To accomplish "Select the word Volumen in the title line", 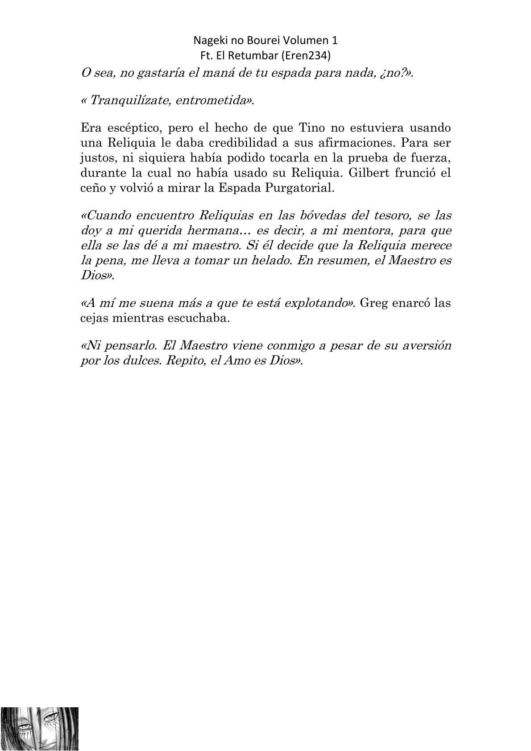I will coord(309,41).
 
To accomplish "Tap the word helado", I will coord(264,260).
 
